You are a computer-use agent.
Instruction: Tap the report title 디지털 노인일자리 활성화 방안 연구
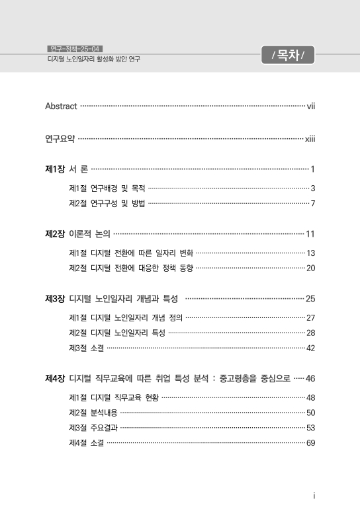(89, 59)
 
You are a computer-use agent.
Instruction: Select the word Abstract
(61, 106)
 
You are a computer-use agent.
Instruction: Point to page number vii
(310, 106)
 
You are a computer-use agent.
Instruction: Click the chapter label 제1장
(54, 169)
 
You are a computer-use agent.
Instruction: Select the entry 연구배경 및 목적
(118, 188)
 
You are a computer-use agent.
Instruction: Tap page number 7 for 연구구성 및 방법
(312, 202)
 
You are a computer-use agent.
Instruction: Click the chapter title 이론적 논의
(90, 233)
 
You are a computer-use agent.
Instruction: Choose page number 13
(310, 253)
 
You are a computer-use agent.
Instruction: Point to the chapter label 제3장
(54, 299)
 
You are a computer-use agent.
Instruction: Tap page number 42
(310, 348)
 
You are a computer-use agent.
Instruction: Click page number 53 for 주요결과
(310, 427)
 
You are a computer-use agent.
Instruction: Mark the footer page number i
(313, 496)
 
